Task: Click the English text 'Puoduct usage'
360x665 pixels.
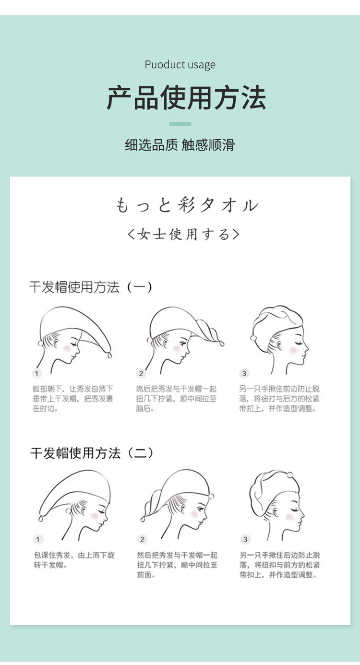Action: (x=180, y=65)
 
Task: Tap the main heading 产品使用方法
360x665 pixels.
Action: (x=186, y=97)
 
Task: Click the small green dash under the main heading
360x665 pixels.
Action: (x=180, y=124)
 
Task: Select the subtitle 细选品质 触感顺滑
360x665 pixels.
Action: (x=180, y=145)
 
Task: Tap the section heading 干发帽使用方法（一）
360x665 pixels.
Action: (x=91, y=287)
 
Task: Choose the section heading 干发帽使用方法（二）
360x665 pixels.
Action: (x=92, y=453)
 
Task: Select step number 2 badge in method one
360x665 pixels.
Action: (x=141, y=373)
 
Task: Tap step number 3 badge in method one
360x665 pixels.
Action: (x=244, y=373)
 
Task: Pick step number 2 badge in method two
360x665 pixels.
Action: (x=142, y=539)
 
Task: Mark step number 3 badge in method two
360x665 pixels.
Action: (x=245, y=539)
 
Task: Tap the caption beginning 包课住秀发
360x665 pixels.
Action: (x=74, y=560)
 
